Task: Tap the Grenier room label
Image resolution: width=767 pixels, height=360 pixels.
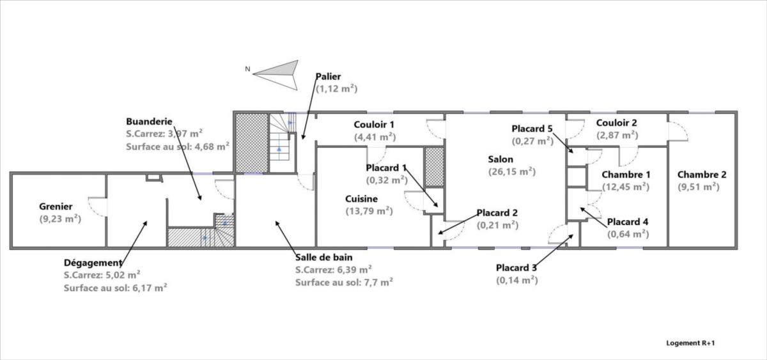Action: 56,207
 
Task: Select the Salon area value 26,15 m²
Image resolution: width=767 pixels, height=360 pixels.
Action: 511,171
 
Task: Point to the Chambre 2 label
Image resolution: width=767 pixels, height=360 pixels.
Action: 702,174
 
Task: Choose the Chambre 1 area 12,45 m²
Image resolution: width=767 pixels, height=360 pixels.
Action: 626,187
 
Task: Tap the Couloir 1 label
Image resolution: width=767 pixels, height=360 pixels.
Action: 375,123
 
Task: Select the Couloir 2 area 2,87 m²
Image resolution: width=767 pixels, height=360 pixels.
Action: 617,135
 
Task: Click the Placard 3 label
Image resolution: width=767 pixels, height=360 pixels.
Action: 517,267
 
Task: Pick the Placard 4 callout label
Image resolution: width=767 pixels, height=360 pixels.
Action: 628,222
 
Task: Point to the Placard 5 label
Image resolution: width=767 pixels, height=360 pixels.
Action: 532,128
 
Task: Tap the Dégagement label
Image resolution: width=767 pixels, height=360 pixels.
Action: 93,262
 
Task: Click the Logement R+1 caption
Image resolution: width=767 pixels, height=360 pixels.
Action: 690,343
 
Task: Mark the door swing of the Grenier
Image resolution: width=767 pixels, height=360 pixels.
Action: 96,207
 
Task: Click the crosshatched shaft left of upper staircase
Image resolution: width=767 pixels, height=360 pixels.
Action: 251,143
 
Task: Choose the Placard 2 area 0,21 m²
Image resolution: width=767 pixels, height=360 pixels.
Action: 497,225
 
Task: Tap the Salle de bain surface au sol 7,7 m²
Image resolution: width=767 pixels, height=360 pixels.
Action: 344,281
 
